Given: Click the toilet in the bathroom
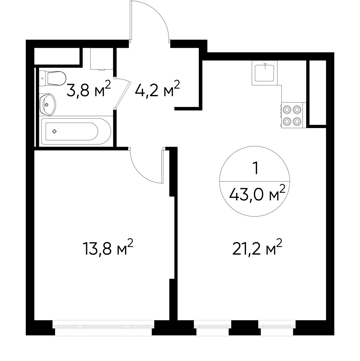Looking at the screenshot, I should [53, 78].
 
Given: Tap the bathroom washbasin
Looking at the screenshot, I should [48, 105].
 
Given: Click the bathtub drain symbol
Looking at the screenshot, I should [54, 131].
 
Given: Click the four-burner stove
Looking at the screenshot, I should [293, 115].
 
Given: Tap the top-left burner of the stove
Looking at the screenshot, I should [287, 109].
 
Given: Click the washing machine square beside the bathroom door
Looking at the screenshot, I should [102, 58].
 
